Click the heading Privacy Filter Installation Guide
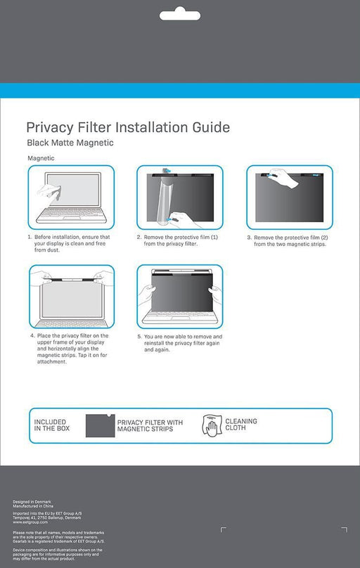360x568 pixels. click(128, 127)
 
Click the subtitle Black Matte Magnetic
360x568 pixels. click(70, 143)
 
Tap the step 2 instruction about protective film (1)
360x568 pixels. click(179, 240)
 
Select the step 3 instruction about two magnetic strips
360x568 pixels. click(288, 240)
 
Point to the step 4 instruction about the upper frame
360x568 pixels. click(69, 348)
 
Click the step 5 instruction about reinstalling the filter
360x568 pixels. click(179, 342)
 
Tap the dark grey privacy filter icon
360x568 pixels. click(100, 425)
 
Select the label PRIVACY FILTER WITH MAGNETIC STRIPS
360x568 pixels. click(150, 425)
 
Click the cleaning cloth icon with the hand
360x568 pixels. click(211, 425)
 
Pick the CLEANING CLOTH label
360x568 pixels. click(241, 425)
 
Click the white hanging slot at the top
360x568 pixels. click(179, 15)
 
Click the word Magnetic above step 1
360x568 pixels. click(41, 158)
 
